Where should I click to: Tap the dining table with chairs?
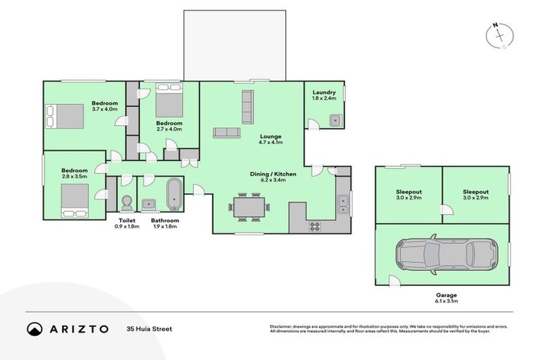pos(247,207)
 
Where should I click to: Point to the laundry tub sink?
pos(335,120)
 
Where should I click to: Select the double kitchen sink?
pos(342,205)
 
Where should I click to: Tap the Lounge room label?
pos(250,136)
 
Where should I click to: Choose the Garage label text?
pos(446,295)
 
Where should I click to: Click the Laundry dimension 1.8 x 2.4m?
pos(323,98)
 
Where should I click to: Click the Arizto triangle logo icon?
pos(34,328)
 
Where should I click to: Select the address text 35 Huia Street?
pos(148,328)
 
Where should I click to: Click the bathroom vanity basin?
pos(149,203)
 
